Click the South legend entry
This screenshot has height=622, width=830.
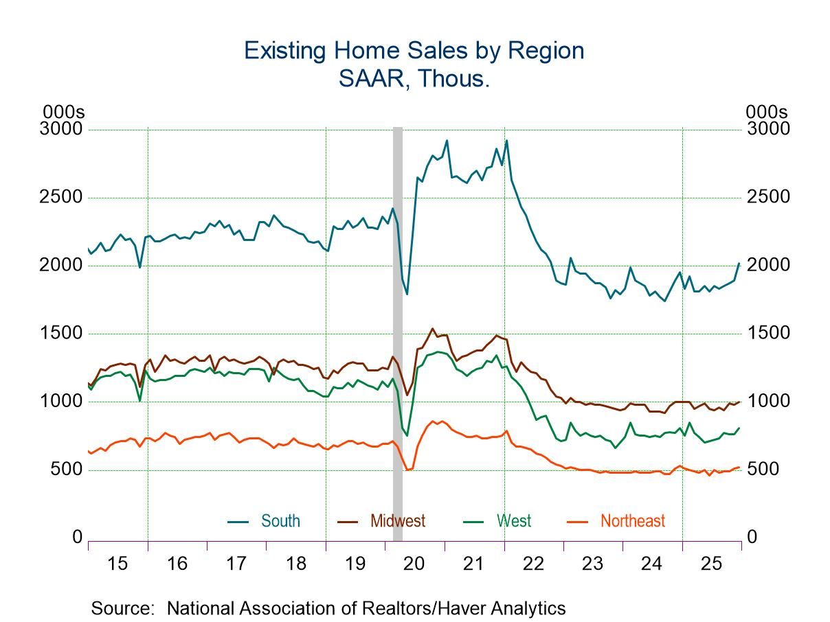[280, 521]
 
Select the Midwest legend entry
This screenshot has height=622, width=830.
[397, 521]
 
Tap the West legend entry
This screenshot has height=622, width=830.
[514, 521]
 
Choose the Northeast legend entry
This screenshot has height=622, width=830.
[632, 521]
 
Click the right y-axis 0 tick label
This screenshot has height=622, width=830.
[752, 538]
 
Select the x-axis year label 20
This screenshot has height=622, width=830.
[414, 564]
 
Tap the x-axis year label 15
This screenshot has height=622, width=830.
[117, 564]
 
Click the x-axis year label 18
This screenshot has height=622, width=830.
[295, 564]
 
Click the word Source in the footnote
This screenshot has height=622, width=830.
[122, 608]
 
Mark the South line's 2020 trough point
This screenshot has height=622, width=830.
[407, 294]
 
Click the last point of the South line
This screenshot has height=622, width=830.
[739, 263]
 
